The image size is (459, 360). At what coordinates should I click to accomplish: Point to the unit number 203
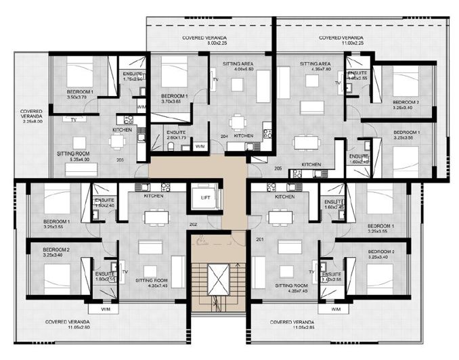[x=120, y=160]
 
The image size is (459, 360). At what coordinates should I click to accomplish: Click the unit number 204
[x=224, y=135]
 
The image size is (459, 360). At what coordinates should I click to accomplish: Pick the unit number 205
[x=277, y=167]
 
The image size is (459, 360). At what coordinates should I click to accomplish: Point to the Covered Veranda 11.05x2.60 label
[x=69, y=325]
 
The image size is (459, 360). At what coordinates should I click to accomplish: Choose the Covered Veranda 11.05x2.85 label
[x=292, y=325]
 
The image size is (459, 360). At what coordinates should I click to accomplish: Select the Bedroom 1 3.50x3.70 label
[x=80, y=94]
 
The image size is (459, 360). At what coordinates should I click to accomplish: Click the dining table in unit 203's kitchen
[x=118, y=141]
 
